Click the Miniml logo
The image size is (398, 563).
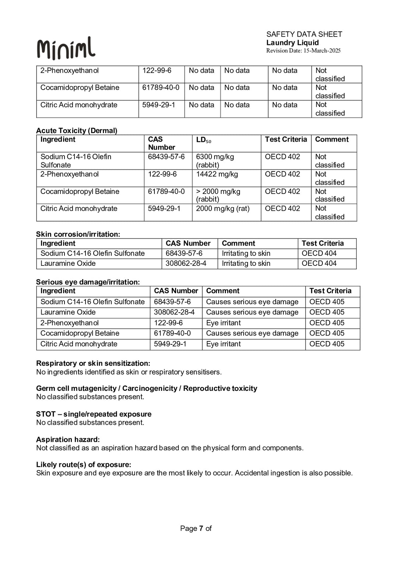[x=66, y=48]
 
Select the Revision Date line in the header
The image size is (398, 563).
[x=303, y=51]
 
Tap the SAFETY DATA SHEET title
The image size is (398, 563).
[x=304, y=34]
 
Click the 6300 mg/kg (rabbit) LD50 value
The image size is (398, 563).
[x=215, y=161]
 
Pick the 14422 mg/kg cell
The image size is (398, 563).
[x=217, y=174]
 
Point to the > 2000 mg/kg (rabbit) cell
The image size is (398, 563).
[x=218, y=195]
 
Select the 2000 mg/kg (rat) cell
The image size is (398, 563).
[x=223, y=209]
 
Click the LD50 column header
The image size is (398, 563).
[x=203, y=140]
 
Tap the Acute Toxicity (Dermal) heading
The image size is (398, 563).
[x=77, y=131]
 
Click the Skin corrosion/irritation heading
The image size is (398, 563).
[x=78, y=234]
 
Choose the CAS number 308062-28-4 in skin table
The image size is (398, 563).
[x=186, y=263]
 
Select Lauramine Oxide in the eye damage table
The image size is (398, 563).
[x=68, y=312]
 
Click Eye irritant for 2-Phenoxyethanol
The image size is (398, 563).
[x=223, y=323]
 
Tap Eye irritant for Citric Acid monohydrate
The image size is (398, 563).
[x=223, y=344]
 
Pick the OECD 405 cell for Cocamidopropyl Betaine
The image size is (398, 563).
[x=327, y=333]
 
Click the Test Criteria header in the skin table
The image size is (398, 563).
[x=322, y=243]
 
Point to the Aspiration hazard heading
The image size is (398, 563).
[x=68, y=439]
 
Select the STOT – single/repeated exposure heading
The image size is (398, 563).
[x=94, y=414]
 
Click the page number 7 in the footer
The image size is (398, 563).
[x=201, y=528]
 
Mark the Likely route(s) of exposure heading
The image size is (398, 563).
[x=84, y=465]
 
